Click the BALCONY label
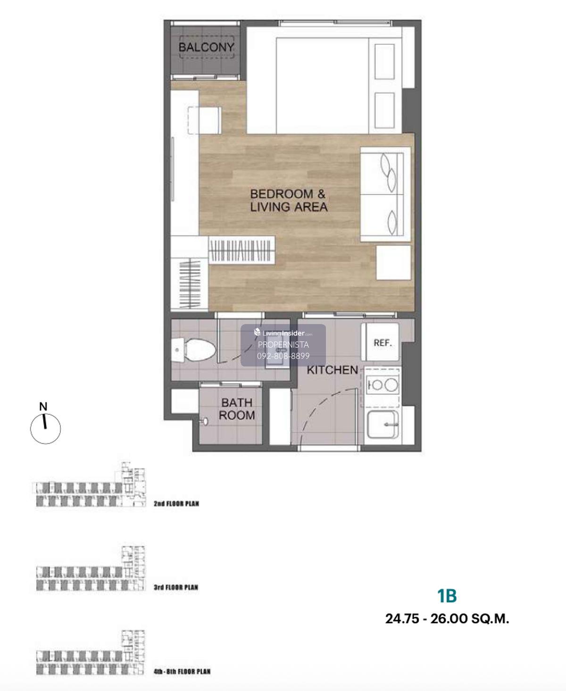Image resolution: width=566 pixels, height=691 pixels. pyautogui.click(x=206, y=47)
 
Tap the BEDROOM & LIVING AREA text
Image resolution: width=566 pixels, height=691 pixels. pyautogui.click(x=288, y=200)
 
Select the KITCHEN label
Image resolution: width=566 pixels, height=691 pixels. pyautogui.click(x=332, y=370)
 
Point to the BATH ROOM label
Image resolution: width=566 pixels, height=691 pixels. pyautogui.click(x=237, y=408)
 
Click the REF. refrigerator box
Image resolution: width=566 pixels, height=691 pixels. pyautogui.click(x=380, y=342)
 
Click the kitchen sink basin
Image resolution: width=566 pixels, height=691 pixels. pyautogui.click(x=383, y=424)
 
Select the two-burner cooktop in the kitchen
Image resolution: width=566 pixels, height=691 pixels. pyautogui.click(x=382, y=385)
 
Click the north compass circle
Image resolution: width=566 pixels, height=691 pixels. pyautogui.click(x=46, y=429)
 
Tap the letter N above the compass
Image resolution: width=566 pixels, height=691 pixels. pyautogui.click(x=43, y=407)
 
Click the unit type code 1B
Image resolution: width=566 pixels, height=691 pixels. pyautogui.click(x=447, y=596)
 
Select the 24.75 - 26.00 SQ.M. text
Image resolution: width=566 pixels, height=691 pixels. pyautogui.click(x=447, y=619)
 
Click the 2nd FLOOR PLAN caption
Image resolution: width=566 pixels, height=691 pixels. pyautogui.click(x=176, y=504)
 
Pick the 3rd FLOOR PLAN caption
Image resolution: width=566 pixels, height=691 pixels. pyautogui.click(x=176, y=587)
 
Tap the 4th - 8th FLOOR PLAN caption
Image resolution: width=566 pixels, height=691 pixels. pyautogui.click(x=182, y=671)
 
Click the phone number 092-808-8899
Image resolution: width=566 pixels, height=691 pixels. pyautogui.click(x=283, y=356)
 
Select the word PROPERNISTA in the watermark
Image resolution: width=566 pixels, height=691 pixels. pyautogui.click(x=283, y=345)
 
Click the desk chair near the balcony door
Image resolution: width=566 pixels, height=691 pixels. pyautogui.click(x=205, y=120)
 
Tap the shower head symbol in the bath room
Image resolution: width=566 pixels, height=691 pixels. pyautogui.click(x=204, y=421)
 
